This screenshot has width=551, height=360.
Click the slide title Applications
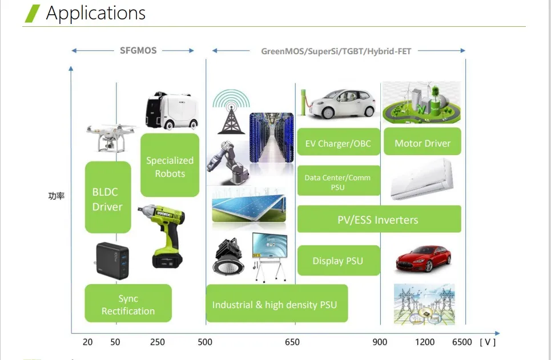95,13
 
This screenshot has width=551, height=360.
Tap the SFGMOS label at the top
138,50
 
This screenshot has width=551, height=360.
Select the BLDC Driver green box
107,197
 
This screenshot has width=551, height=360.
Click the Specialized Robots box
170,166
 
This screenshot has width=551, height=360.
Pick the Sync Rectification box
128,304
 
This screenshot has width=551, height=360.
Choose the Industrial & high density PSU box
276,304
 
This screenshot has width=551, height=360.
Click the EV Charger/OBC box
339,143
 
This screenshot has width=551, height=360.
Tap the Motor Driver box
423,143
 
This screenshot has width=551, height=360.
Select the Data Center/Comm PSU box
338,181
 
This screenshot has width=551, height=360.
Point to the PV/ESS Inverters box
379,219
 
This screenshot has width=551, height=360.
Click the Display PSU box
338,261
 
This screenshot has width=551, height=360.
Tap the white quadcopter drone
112,136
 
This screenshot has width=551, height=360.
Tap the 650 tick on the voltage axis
292,342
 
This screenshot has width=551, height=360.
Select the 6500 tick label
462,342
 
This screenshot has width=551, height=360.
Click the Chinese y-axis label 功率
57,196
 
